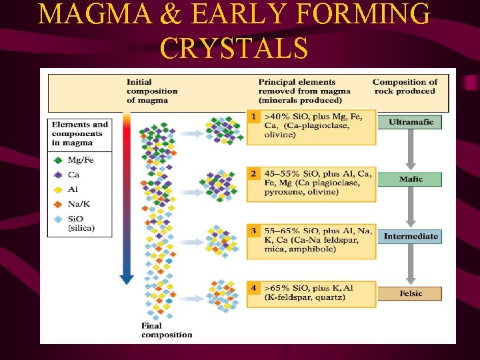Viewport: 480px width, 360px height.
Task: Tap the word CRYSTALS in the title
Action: pyautogui.click(x=234, y=48)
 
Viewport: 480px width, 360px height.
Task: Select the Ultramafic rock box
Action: pyautogui.click(x=411, y=122)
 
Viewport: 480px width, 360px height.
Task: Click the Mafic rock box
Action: pyautogui.click(x=411, y=179)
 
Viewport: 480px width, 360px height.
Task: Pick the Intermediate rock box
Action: pyautogui.click(x=411, y=236)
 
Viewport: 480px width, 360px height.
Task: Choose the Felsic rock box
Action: pyautogui.click(x=411, y=293)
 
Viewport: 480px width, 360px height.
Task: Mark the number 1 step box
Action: pyautogui.click(x=253, y=117)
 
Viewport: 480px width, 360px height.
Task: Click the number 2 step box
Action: pyautogui.click(x=253, y=173)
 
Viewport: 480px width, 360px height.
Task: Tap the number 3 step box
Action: pyautogui.click(x=253, y=231)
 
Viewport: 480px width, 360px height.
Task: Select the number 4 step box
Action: pyautogui.click(x=253, y=288)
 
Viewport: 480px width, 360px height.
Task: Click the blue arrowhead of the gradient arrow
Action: pyautogui.click(x=127, y=279)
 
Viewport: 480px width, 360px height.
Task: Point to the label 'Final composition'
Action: pyautogui.click(x=166, y=330)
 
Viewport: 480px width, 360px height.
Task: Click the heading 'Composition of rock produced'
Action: pyautogui.click(x=405, y=87)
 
